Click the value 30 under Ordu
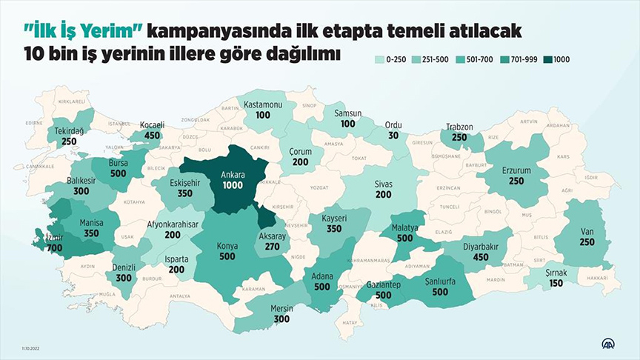pyautogui.click(x=393, y=135)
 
